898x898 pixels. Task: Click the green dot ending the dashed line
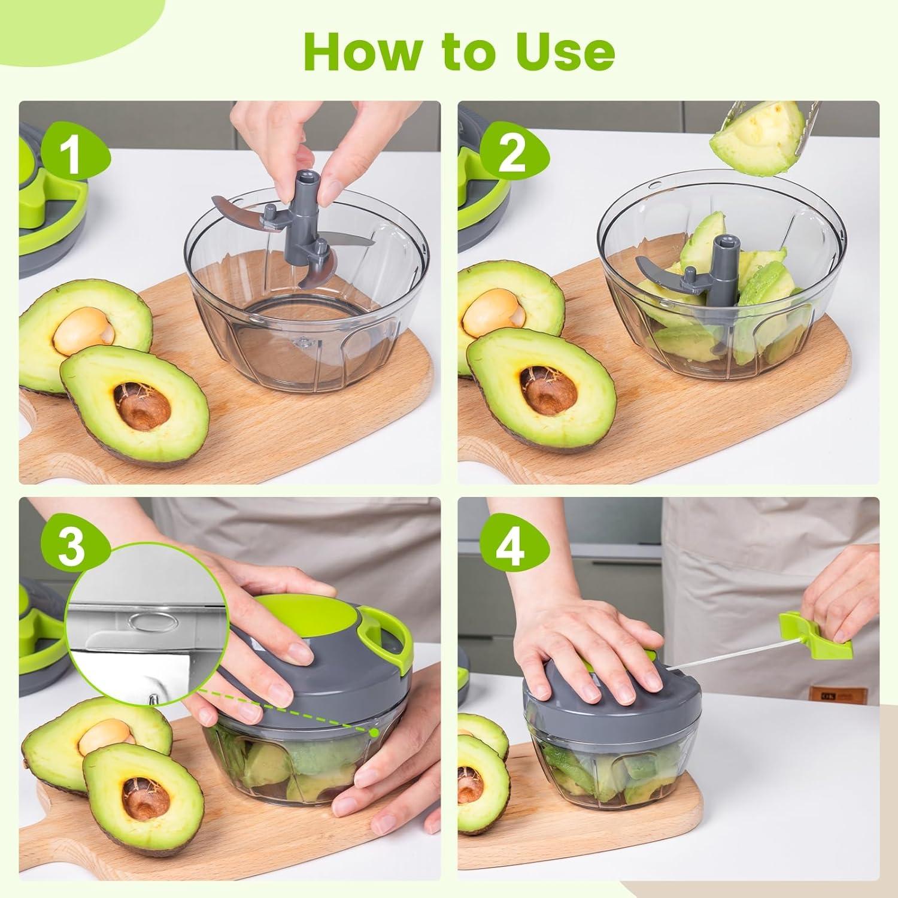pos(374,732)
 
